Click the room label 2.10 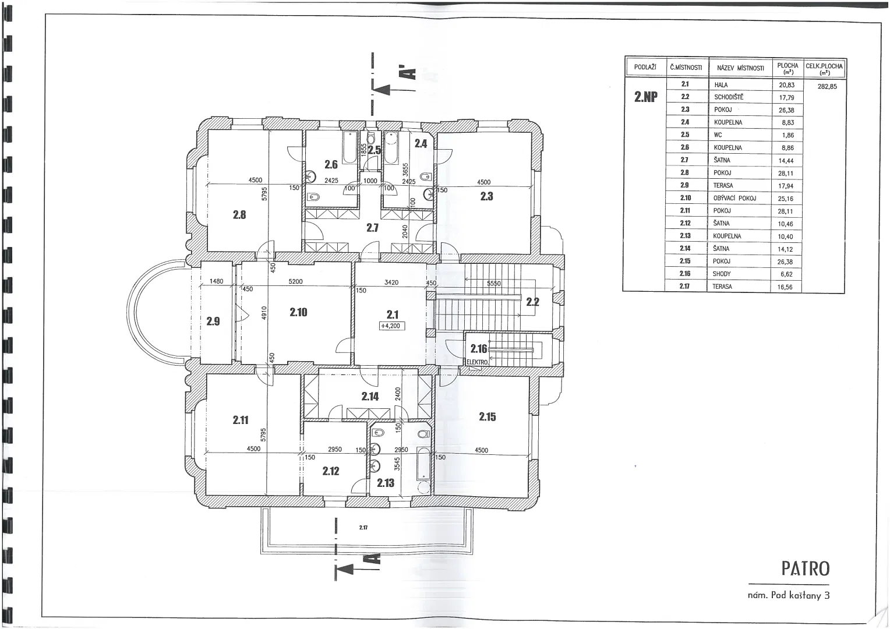click(298, 312)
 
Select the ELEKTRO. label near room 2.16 click(477, 362)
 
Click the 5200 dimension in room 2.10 click(296, 281)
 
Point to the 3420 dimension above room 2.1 click(391, 282)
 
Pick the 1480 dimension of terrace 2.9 click(216, 281)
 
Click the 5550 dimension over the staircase click(494, 283)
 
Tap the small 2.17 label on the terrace click(363, 527)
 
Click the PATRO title click(806, 569)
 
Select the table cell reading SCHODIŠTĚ click(729, 97)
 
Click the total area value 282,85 click(827, 86)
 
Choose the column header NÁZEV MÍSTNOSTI click(740, 68)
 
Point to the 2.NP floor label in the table click(646, 97)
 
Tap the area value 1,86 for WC click(788, 135)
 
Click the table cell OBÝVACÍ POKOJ click(735, 198)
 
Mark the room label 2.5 click(375, 150)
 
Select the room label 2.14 click(370, 396)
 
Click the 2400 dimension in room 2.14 click(398, 394)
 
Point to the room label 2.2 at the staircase click(533, 302)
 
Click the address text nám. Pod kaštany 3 click(789, 595)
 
